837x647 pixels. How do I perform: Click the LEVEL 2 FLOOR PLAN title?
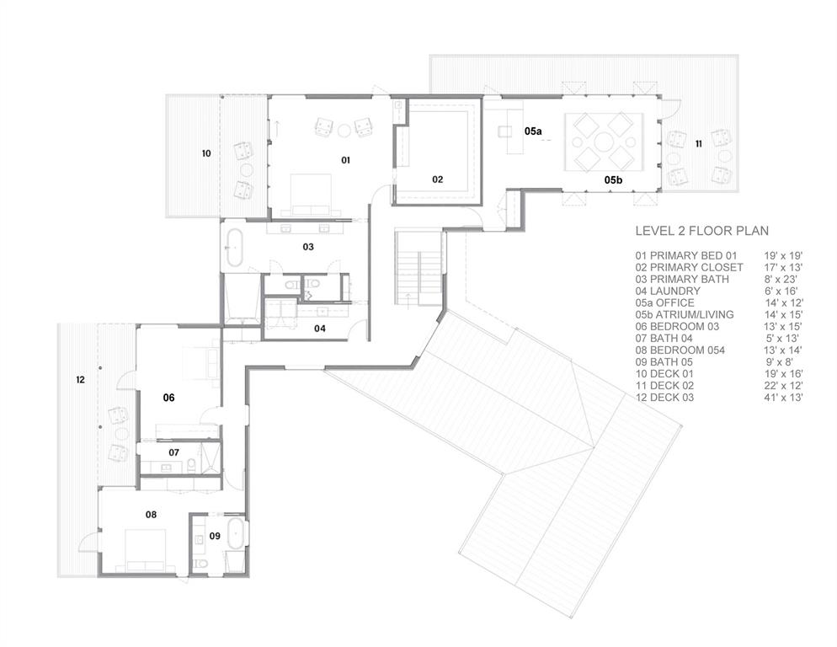[701, 231]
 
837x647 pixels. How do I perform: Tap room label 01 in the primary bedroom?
[345, 159]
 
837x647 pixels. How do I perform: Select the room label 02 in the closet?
[438, 179]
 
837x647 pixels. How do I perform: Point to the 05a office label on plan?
[532, 132]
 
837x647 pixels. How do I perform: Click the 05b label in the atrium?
[613, 180]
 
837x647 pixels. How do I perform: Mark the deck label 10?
[205, 153]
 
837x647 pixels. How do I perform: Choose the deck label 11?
[698, 145]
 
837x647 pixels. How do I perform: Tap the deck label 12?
[80, 380]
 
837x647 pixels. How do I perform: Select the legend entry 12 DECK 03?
[664, 398]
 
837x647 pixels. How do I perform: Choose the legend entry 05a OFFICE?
[665, 302]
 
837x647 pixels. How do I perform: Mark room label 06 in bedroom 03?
[168, 397]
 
